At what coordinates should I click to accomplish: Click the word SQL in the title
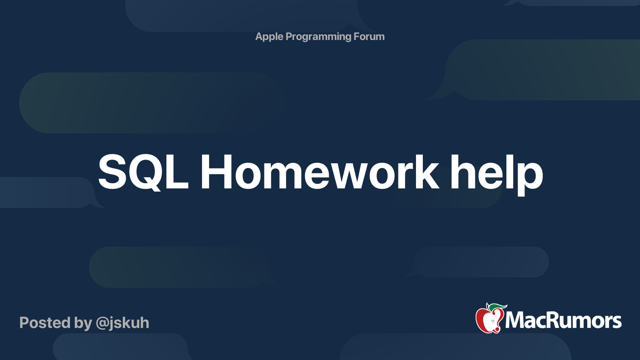coord(143,172)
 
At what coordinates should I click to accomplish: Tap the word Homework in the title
coord(320,172)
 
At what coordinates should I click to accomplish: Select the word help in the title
coord(496,175)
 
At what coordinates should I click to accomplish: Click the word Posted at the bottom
coord(45,323)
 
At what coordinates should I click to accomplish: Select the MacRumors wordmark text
coord(563,320)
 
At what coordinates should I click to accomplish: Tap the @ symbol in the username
coord(104,324)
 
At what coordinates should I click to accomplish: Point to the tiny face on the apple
coord(492,322)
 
